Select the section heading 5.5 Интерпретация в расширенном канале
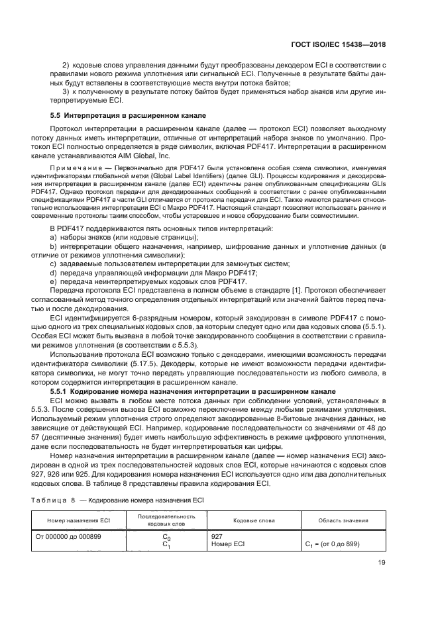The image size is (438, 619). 128,115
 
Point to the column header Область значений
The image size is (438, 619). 341,520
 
